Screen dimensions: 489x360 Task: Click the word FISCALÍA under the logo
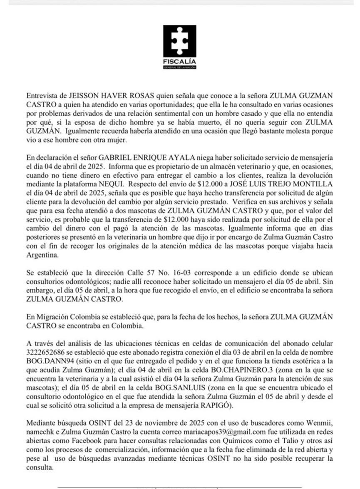click(179, 63)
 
